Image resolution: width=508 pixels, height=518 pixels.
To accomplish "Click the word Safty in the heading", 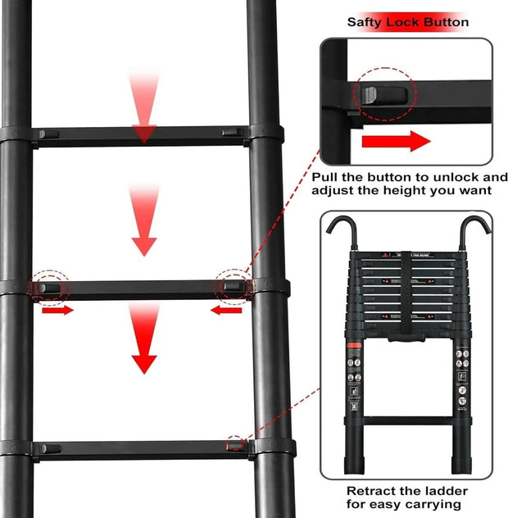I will pos(365,22).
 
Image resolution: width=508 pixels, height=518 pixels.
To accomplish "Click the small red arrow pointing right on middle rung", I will pos(57,310).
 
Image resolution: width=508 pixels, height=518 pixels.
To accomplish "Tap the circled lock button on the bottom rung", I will pos(236,443).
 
